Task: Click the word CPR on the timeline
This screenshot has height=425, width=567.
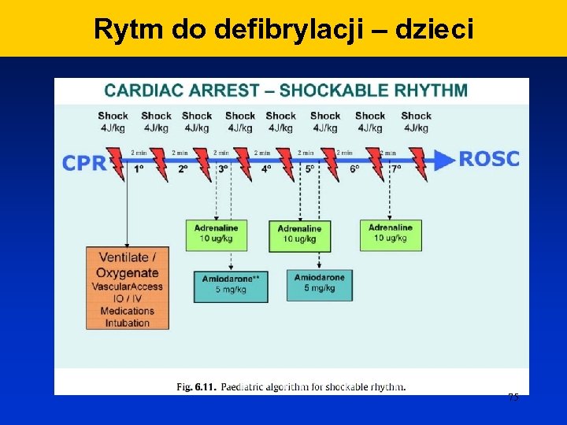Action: pyautogui.click(x=83, y=163)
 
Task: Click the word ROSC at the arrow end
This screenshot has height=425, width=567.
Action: pyautogui.click(x=489, y=159)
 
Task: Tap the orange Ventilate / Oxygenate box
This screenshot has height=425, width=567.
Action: pyautogui.click(x=127, y=288)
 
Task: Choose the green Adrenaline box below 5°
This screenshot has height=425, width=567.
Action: pyautogui.click(x=300, y=234)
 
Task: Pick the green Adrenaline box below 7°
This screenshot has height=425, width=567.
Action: pyautogui.click(x=390, y=233)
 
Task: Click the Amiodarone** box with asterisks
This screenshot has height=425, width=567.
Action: pyautogui.click(x=231, y=284)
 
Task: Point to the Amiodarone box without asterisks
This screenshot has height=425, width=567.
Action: pyautogui.click(x=320, y=282)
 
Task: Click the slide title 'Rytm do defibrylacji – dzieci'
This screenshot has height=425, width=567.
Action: pyautogui.click(x=283, y=29)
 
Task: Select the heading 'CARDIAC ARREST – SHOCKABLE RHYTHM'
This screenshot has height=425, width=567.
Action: pyautogui.click(x=286, y=90)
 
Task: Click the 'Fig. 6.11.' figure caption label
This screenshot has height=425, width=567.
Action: pyautogui.click(x=195, y=386)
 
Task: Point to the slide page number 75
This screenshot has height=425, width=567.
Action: pyautogui.click(x=513, y=397)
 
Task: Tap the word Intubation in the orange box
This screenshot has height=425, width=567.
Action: pyautogui.click(x=127, y=323)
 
